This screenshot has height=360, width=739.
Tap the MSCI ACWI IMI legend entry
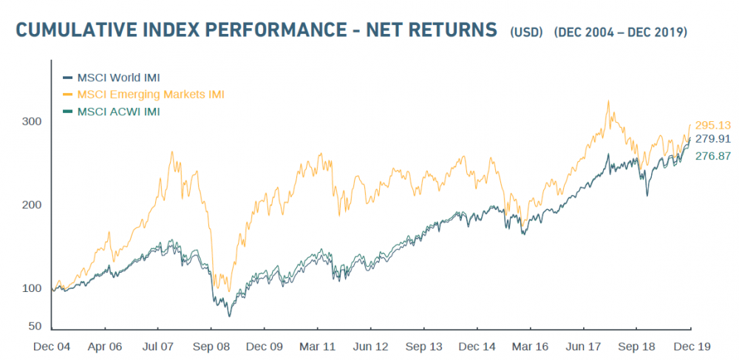[x=118, y=112]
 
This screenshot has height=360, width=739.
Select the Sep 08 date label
[x=211, y=346]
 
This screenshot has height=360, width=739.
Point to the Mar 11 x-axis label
[x=318, y=346]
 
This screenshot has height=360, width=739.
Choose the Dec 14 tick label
[x=477, y=346]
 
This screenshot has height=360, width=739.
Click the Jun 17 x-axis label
[x=584, y=346]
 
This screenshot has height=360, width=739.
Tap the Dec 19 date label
[x=690, y=346]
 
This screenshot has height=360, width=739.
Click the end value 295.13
[x=712, y=125]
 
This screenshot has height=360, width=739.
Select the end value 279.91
[x=712, y=138]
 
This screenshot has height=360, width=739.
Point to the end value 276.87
[x=712, y=156]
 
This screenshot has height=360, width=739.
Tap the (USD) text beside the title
[x=526, y=33]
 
